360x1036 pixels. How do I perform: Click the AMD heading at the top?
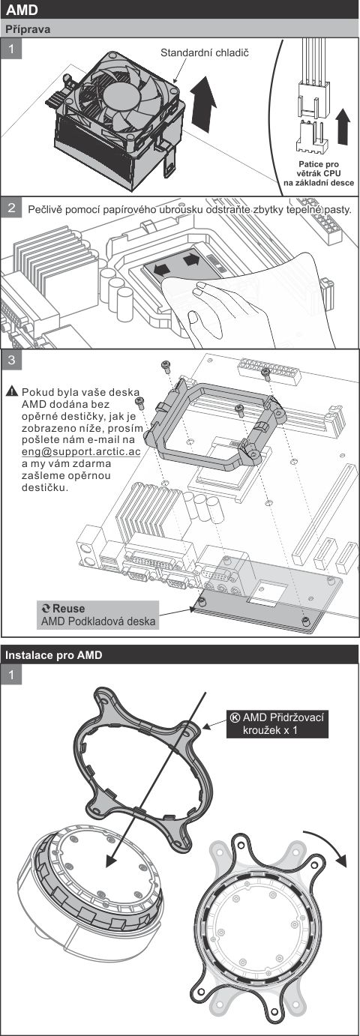[22, 10]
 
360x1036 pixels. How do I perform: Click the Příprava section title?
[28, 29]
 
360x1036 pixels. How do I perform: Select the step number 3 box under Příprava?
[11, 361]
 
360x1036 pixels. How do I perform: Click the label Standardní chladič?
[204, 54]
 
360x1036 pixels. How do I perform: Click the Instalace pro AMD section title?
[53, 654]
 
